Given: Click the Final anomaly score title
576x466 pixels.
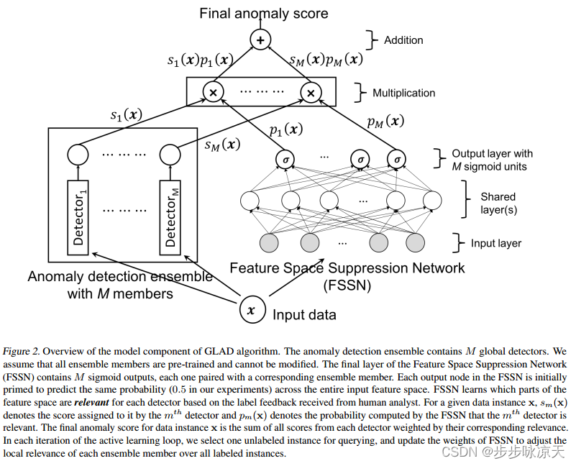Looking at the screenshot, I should [263, 13].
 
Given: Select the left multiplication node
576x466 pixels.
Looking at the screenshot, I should [212, 92].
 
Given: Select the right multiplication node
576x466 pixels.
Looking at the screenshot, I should [311, 92].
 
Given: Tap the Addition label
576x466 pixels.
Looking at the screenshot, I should [403, 40].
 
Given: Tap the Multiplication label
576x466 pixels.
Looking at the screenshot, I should [403, 93].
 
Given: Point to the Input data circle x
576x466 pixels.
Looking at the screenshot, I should [250, 311].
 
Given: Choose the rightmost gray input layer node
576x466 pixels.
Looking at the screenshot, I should [416, 242].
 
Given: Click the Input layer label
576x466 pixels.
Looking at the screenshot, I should [496, 243].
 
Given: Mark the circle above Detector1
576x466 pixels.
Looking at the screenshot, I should [78, 154].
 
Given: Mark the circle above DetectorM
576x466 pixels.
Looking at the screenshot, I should [170, 154].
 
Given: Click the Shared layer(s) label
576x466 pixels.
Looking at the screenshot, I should [498, 203].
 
